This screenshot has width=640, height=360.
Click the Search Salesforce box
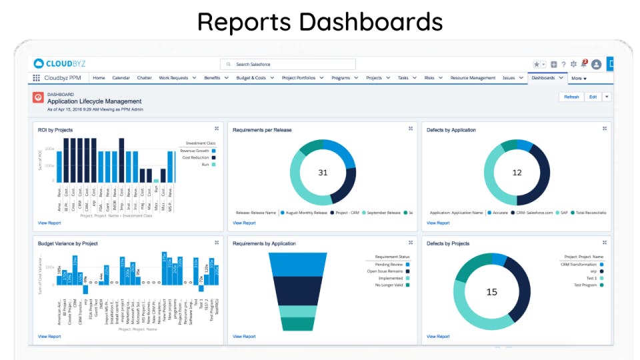(288, 64)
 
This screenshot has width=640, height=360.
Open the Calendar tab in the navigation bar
(121, 78)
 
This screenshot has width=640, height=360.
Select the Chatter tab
(145, 78)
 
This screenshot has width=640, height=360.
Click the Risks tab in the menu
(429, 78)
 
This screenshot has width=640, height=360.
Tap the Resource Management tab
(473, 78)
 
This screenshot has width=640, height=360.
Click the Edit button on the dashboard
(593, 97)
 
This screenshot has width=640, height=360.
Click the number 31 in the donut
(323, 173)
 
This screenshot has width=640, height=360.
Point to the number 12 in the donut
(517, 173)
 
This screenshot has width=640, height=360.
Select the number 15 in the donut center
(492, 292)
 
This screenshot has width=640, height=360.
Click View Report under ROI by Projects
(49, 223)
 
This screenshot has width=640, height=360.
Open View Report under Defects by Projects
(438, 337)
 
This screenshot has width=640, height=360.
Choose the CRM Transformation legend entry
(579, 265)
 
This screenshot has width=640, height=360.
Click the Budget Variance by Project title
(68, 244)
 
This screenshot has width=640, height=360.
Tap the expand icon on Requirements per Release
(411, 129)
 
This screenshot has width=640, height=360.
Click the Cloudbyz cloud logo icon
(39, 63)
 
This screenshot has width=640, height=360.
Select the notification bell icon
(584, 64)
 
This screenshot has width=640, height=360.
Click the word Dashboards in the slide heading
(370, 21)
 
